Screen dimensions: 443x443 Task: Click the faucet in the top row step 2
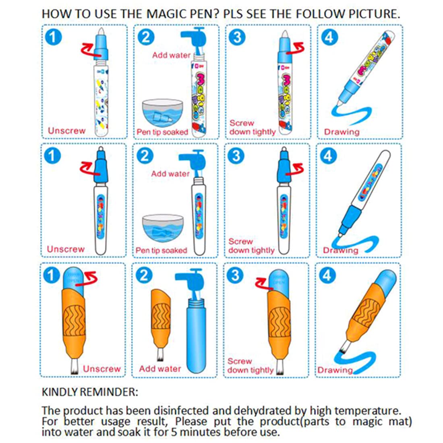pyautogui.click(x=193, y=39)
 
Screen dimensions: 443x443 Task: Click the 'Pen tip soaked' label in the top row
pyautogui.click(x=162, y=132)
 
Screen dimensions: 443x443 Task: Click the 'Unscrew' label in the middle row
pyautogui.click(x=66, y=249)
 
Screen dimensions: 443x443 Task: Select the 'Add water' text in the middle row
pyautogui.click(x=170, y=174)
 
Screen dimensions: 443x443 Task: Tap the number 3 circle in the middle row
pyautogui.click(x=237, y=156)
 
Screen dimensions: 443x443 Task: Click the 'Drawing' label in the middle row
pyautogui.click(x=341, y=250)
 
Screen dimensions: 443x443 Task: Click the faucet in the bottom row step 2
pyautogui.click(x=189, y=282)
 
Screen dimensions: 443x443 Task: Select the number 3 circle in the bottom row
pyautogui.click(x=236, y=275)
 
